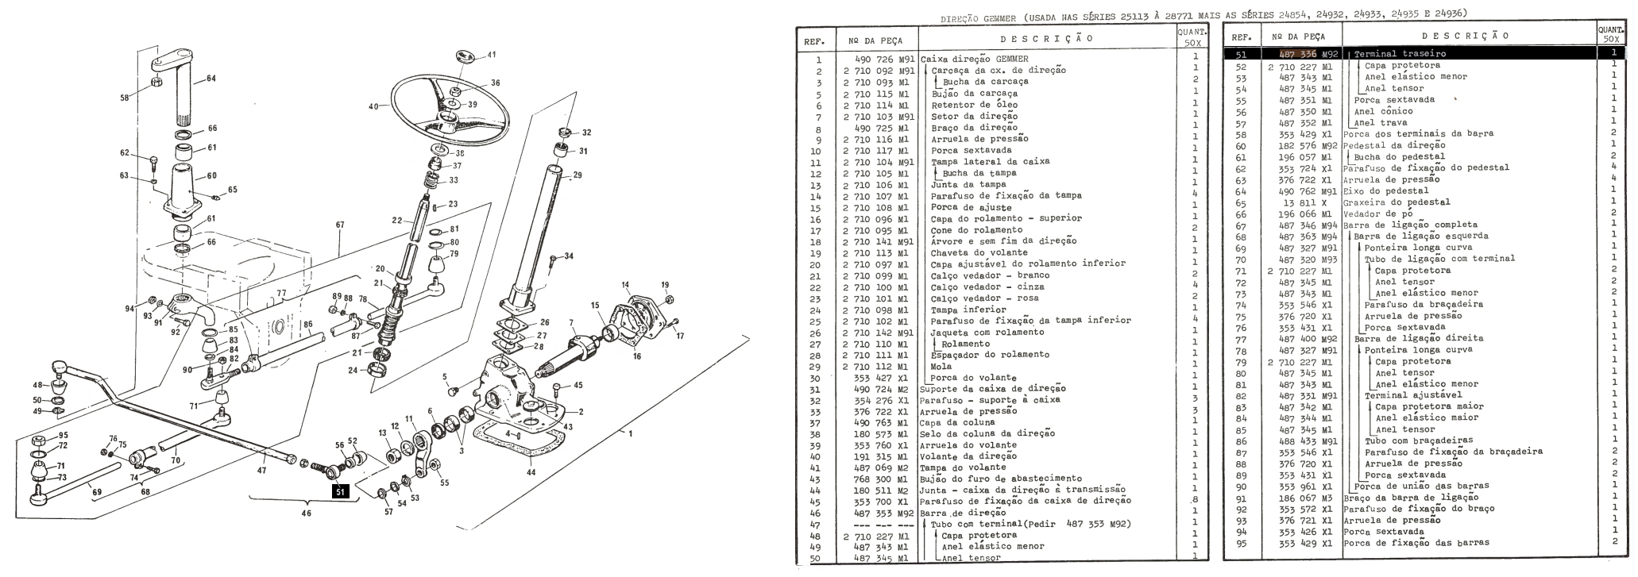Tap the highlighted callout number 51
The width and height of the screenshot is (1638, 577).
[340, 491]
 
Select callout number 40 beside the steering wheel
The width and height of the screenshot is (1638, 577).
[374, 106]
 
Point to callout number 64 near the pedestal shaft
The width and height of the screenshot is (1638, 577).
[211, 78]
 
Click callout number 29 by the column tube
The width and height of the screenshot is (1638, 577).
[577, 175]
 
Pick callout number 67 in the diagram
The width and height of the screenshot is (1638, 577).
[340, 225]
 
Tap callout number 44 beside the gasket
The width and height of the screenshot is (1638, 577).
[531, 472]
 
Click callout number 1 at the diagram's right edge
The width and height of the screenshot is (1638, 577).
[630, 433]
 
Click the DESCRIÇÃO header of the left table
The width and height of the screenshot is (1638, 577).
[1045, 38]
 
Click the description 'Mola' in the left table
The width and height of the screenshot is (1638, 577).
[941, 366]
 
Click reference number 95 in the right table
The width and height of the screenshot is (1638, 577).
[1242, 543]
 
